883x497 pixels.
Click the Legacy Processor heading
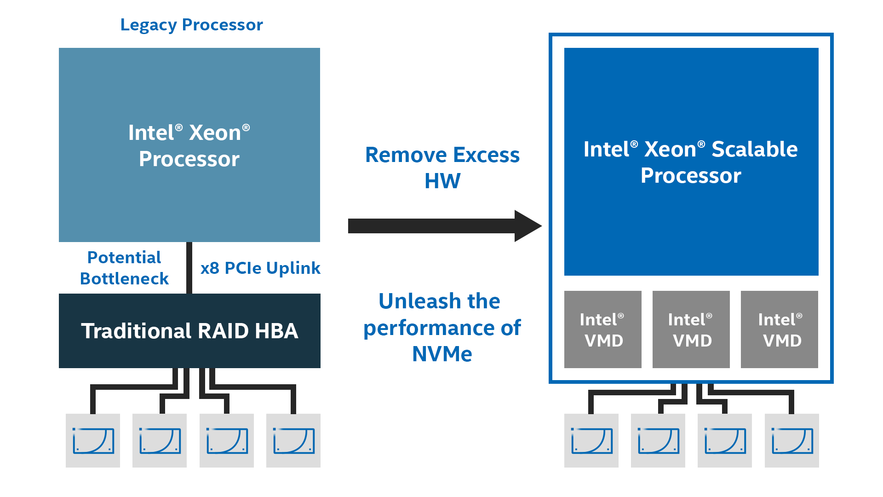[191, 25]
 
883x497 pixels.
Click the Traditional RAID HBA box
[189, 331]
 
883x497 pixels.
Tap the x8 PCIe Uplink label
[260, 268]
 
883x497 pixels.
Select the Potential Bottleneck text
[124, 268]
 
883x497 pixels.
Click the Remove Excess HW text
[442, 168]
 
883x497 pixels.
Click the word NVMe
[442, 354]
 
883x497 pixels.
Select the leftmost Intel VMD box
[602, 329]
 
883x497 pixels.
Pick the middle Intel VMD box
[691, 329]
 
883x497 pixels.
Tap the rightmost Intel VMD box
[779, 329]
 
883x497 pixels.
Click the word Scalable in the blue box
[754, 149]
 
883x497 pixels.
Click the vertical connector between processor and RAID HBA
[189, 268]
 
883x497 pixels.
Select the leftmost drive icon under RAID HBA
[93, 440]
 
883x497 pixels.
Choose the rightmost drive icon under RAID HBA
[293, 440]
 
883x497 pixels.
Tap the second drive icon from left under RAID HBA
[160, 440]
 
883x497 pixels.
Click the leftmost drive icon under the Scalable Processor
[591, 440]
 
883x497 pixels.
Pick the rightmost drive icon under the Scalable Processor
[792, 440]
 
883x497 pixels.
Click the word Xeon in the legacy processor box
[215, 133]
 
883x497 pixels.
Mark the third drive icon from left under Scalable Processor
[725, 440]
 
